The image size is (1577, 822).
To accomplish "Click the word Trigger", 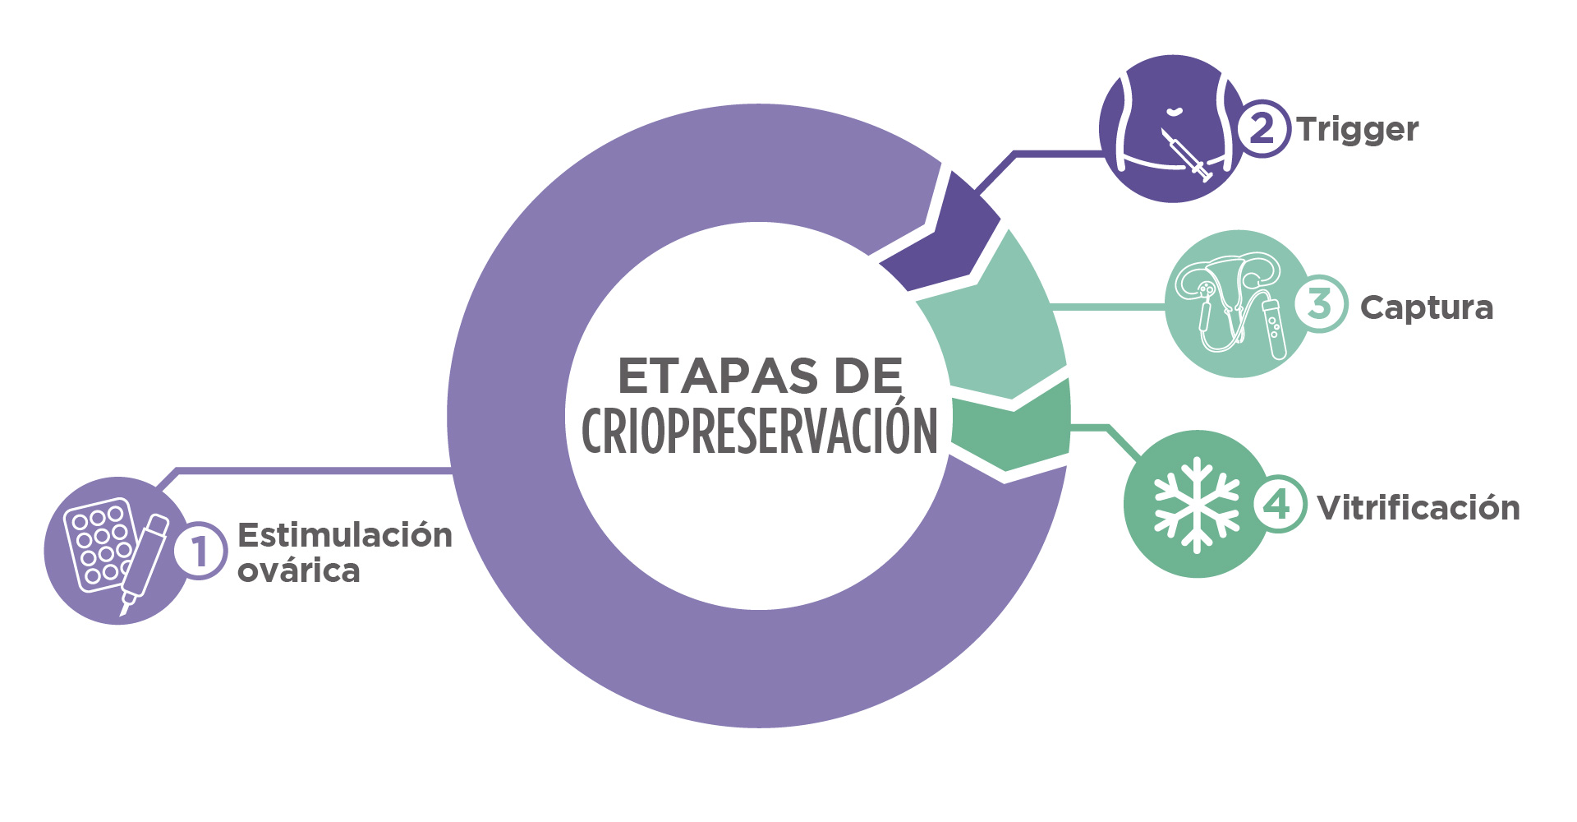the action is coord(1358,131).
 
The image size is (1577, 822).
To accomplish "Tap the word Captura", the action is coord(1427,308).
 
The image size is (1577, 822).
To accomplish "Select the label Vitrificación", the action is coord(1418,507).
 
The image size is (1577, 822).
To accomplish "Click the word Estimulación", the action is coord(345,535).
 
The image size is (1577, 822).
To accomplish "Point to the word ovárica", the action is coord(299,570).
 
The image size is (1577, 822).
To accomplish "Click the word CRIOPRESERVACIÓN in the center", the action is coord(760,429).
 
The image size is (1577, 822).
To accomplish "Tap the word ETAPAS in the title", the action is coord(718,376).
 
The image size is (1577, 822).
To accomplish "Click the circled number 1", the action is coord(200,550).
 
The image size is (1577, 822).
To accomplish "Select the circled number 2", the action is coord(1262,128).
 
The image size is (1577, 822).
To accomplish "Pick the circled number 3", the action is coord(1320,303).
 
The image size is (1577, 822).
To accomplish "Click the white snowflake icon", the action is coord(1197,505).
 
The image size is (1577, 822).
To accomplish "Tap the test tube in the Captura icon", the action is coord(1273,327).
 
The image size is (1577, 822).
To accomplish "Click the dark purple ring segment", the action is coord(941,232).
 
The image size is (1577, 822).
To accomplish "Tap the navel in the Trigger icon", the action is coord(1175,110).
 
